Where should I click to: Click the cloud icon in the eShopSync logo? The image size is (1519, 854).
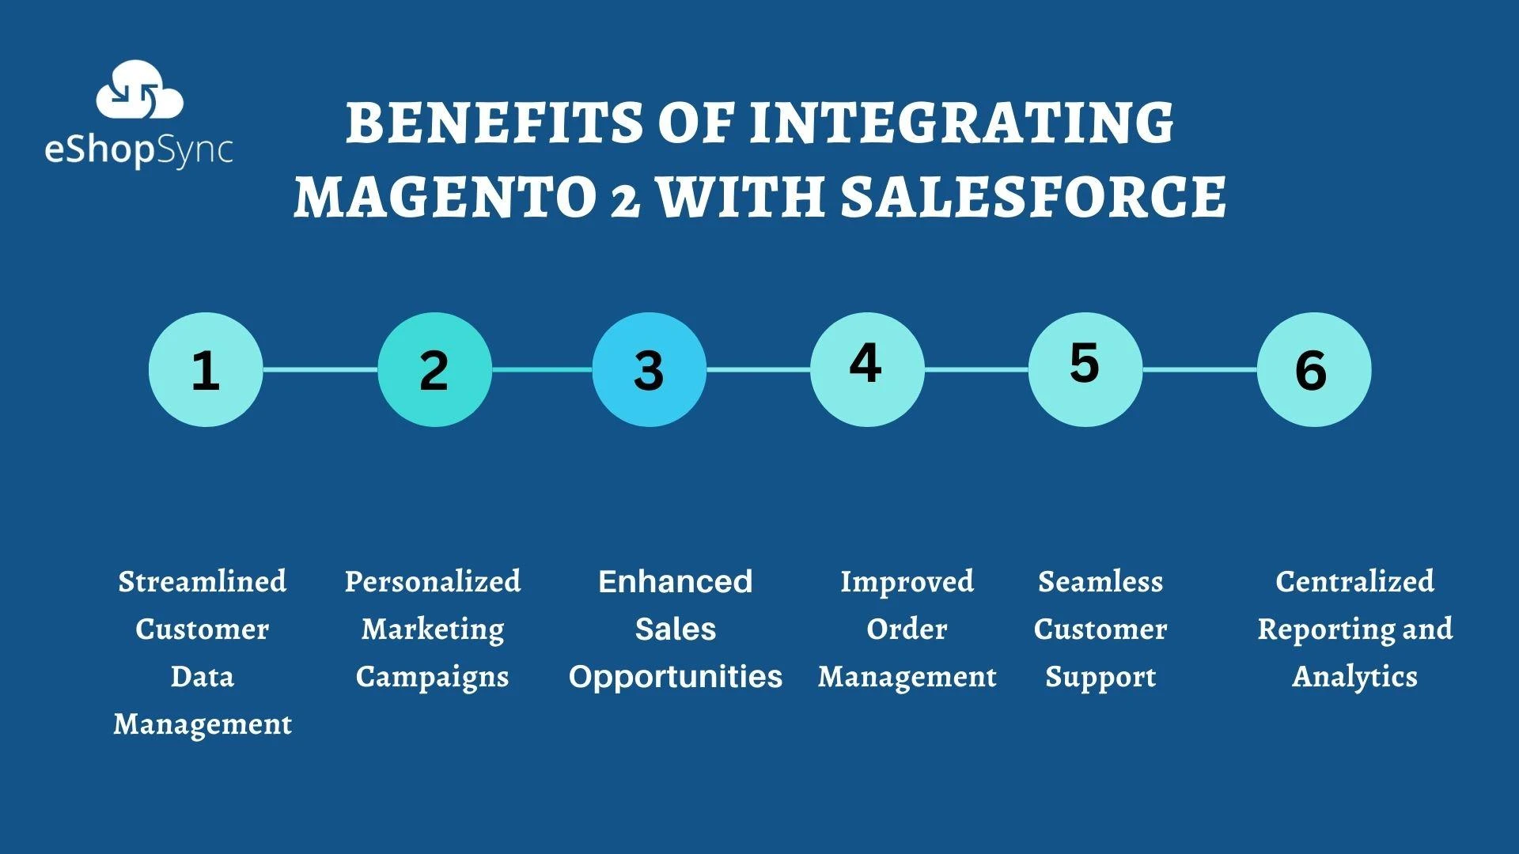(139, 91)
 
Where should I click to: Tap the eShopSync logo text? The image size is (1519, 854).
(139, 150)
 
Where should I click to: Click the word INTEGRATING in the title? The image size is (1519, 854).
(961, 123)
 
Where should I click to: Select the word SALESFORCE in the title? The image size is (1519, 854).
(1033, 196)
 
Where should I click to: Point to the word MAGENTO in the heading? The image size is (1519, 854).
(445, 196)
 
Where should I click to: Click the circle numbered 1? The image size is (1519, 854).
(206, 369)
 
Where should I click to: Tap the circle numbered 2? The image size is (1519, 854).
(434, 369)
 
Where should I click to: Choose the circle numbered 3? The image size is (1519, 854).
(649, 369)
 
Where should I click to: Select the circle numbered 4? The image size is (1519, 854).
(867, 369)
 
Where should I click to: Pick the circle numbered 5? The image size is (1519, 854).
(1085, 369)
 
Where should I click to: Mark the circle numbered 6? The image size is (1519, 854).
(1313, 369)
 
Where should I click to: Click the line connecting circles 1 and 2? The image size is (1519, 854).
(320, 369)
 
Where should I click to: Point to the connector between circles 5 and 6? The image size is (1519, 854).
(1199, 369)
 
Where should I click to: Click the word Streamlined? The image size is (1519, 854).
(203, 582)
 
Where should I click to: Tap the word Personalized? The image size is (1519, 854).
(433, 582)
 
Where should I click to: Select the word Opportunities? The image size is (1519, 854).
(675, 677)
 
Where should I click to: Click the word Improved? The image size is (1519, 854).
(907, 582)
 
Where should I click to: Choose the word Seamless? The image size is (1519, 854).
(1100, 582)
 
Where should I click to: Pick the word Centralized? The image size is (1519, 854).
(1354, 582)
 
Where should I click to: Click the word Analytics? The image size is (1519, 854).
(1354, 677)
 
